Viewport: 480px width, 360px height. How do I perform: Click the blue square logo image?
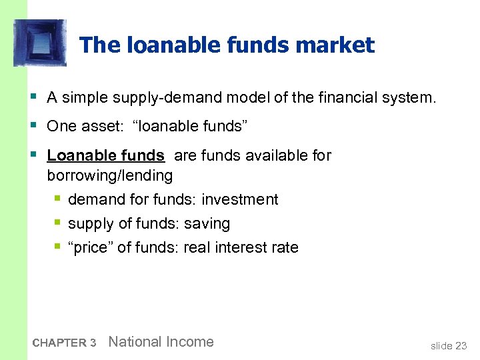pos(40,43)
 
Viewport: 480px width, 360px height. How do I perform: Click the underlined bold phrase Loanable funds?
pos(105,155)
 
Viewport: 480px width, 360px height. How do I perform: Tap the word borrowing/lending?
pos(109,175)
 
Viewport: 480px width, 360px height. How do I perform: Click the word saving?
pos(207,223)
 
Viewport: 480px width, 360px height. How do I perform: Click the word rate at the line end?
pos(285,247)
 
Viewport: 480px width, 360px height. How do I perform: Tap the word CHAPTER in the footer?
pos(59,343)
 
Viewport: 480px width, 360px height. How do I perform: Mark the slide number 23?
pos(461,345)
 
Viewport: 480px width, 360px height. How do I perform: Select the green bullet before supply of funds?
pos(58,223)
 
